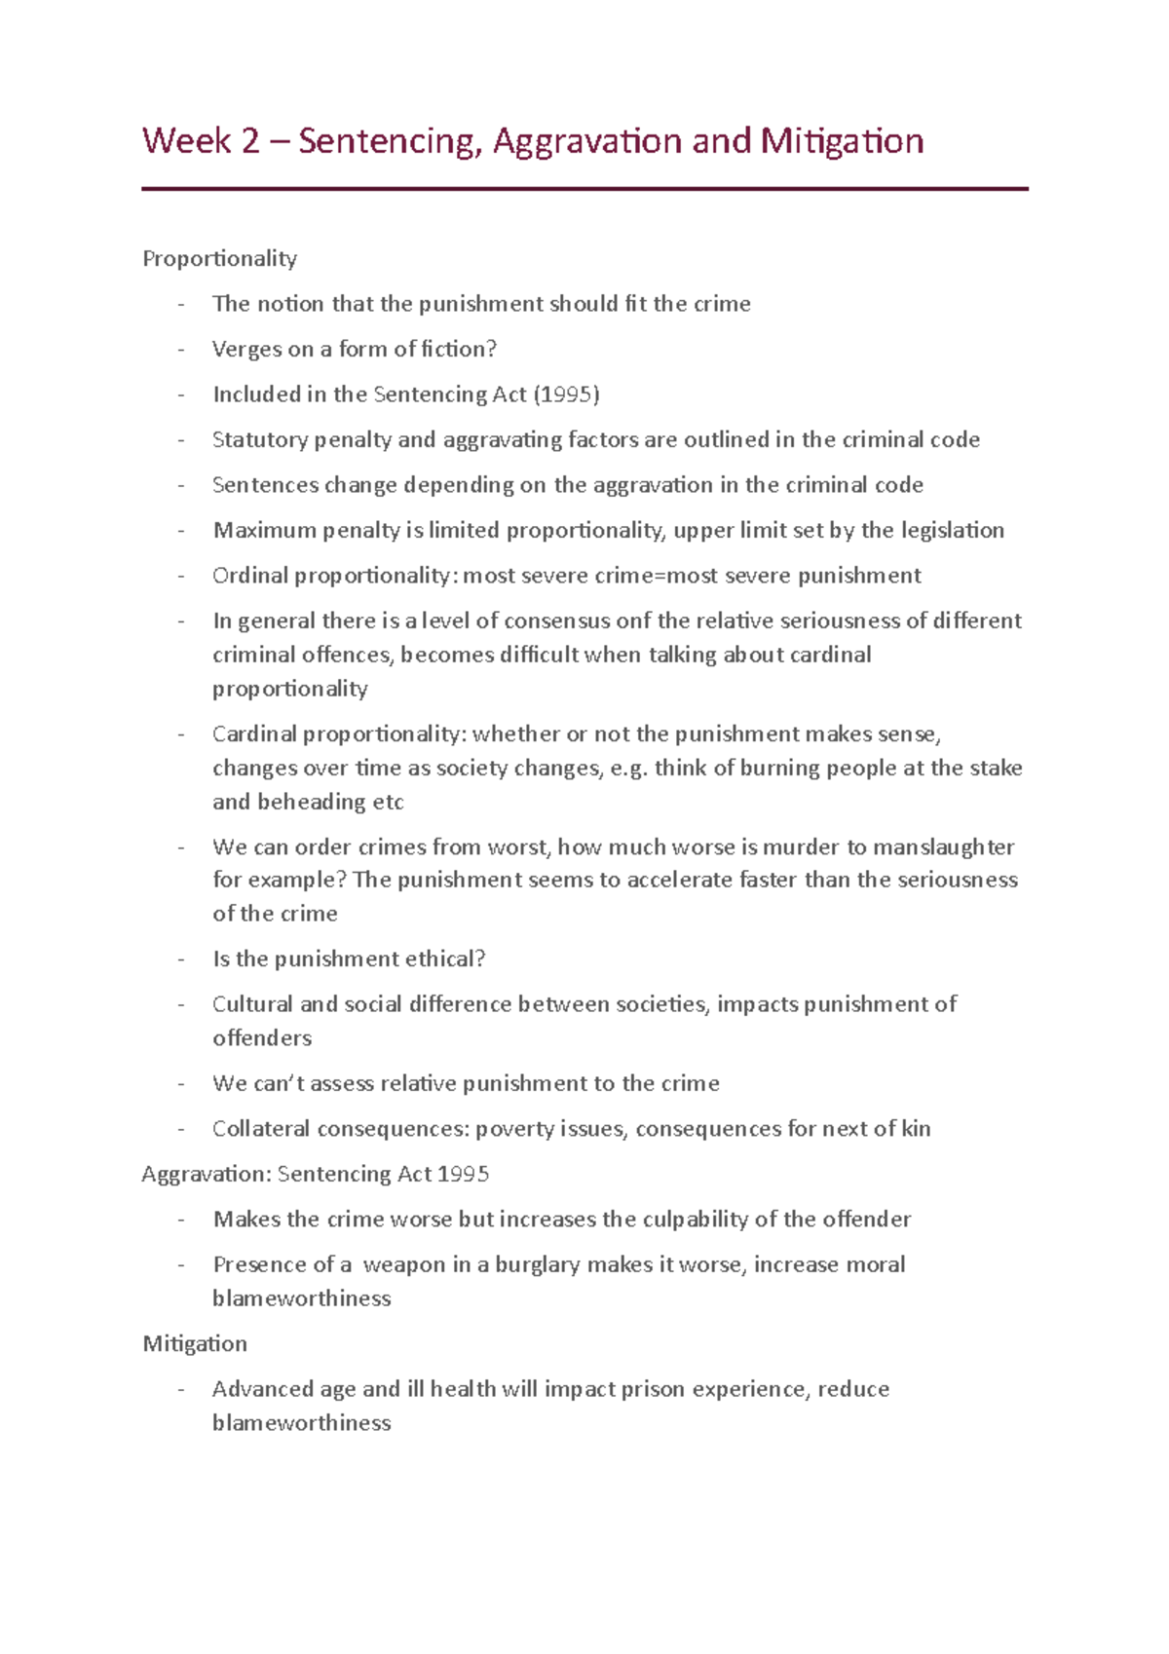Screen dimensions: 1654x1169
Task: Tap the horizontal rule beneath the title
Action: pyautogui.click(x=584, y=189)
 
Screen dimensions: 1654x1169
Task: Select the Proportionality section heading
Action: pyautogui.click(x=219, y=259)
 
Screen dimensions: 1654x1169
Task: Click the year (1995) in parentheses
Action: pyautogui.click(x=566, y=395)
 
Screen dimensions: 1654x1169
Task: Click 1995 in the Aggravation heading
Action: pyautogui.click(x=463, y=1175)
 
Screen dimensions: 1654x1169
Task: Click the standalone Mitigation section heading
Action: pyautogui.click(x=195, y=1344)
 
